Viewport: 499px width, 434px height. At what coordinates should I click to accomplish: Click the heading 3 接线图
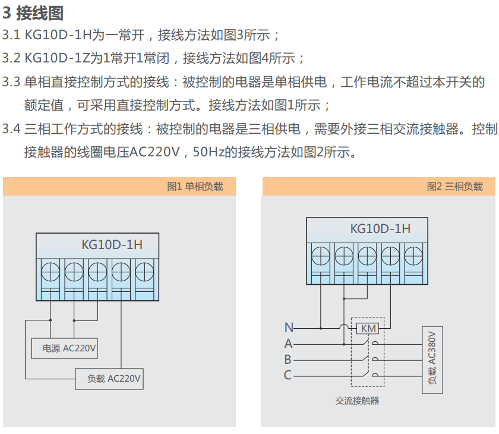(x=33, y=13)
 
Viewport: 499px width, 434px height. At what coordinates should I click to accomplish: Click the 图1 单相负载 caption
(x=195, y=187)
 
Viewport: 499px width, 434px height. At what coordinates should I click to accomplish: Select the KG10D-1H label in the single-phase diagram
(x=112, y=244)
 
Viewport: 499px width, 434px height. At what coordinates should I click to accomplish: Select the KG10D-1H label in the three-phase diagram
(x=380, y=228)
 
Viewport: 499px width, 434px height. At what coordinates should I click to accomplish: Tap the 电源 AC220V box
(x=64, y=349)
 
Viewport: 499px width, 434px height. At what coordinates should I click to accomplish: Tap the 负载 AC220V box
(x=109, y=379)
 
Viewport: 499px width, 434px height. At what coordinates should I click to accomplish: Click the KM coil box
(x=369, y=328)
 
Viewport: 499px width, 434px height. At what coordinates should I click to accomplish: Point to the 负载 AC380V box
(x=432, y=359)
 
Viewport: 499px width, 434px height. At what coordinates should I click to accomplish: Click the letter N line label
(x=289, y=328)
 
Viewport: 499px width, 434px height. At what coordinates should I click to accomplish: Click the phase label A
(x=288, y=344)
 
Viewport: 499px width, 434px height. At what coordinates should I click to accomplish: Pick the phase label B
(x=288, y=360)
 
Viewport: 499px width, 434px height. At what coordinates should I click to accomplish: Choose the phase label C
(x=288, y=375)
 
